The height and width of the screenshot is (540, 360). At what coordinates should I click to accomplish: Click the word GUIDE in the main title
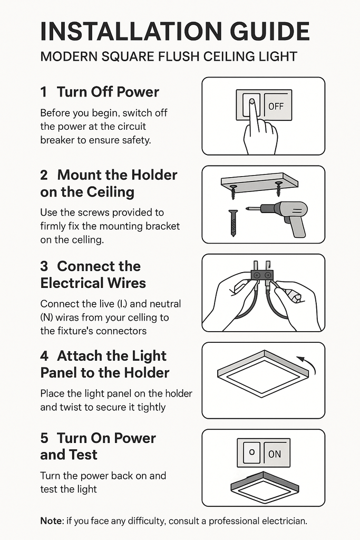[x=269, y=31]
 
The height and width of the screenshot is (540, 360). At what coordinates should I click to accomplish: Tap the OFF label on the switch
[x=276, y=106]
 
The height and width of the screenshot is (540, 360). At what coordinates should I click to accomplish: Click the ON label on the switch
[x=274, y=454]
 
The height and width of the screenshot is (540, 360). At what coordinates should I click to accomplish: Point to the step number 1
[x=44, y=92]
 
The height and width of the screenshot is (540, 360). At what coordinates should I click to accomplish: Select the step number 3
[x=44, y=266]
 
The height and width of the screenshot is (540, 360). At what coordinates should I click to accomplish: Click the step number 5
[x=44, y=438]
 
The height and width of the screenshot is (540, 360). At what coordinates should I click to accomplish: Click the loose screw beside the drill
[x=233, y=223]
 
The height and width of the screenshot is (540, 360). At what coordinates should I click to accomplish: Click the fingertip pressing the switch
[x=251, y=102]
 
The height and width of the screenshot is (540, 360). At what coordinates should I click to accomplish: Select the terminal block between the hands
[x=262, y=274]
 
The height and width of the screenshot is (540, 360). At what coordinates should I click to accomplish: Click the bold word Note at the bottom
[x=52, y=520]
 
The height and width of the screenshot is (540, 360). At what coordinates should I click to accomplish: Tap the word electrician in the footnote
[x=284, y=520]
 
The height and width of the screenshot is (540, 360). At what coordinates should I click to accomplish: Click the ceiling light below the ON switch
[x=264, y=487]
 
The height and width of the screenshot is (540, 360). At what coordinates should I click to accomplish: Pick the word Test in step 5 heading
[x=84, y=455]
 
